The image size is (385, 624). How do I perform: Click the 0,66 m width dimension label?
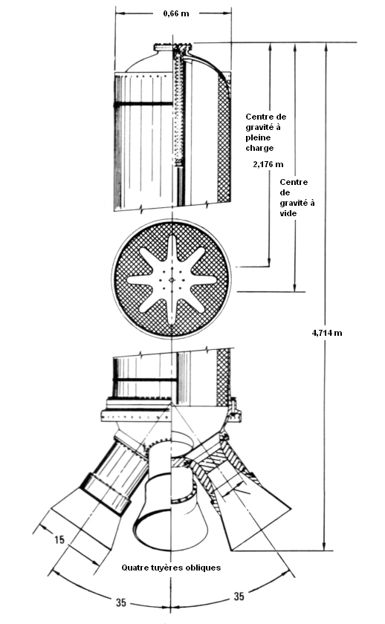click(176, 13)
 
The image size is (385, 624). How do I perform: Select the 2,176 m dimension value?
click(268, 164)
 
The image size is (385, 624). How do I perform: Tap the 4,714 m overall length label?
click(327, 333)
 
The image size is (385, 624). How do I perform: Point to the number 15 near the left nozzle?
click(59, 539)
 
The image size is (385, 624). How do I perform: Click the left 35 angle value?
click(121, 602)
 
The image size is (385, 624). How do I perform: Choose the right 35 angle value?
click(239, 596)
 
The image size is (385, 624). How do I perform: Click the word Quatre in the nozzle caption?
click(134, 568)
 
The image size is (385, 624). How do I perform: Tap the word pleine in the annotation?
click(258, 137)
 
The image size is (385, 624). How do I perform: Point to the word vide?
click(288, 213)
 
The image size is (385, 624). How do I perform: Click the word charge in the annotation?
click(259, 148)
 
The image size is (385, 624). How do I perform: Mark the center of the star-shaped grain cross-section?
click(172, 280)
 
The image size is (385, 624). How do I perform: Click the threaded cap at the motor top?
click(173, 48)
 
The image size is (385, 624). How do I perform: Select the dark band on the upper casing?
click(143, 104)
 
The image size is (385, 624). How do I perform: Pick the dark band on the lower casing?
click(146, 380)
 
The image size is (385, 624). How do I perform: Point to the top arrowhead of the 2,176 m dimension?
click(270, 48)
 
